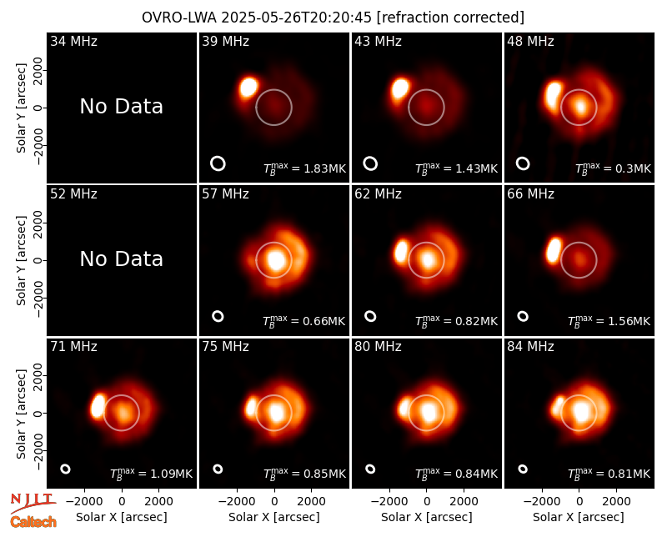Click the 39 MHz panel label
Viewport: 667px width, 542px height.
[225, 41]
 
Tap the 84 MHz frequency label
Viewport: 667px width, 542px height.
[530, 347]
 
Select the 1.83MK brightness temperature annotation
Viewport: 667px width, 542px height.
[304, 168]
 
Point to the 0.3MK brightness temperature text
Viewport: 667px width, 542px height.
[613, 168]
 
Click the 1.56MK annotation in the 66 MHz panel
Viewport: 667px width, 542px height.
[609, 321]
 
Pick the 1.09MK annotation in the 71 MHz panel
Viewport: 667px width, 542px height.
[152, 473]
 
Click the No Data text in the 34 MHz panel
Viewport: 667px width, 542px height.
[122, 107]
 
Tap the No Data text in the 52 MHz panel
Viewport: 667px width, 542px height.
[122, 258]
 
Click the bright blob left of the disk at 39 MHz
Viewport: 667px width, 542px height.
[248, 88]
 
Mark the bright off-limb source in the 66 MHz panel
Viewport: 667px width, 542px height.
[554, 250]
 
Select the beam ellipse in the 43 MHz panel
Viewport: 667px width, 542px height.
[370, 163]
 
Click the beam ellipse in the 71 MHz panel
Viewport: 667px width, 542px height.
[65, 469]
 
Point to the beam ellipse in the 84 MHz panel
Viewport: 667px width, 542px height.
[523, 469]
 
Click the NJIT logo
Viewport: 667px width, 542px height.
[33, 502]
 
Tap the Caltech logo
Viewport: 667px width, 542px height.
[33, 522]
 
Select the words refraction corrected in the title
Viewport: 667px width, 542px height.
[450, 18]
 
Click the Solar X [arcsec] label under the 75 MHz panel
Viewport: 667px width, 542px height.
[274, 517]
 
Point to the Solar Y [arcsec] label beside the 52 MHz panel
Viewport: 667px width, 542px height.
[22, 260]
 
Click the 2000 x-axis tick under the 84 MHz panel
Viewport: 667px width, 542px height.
[616, 501]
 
